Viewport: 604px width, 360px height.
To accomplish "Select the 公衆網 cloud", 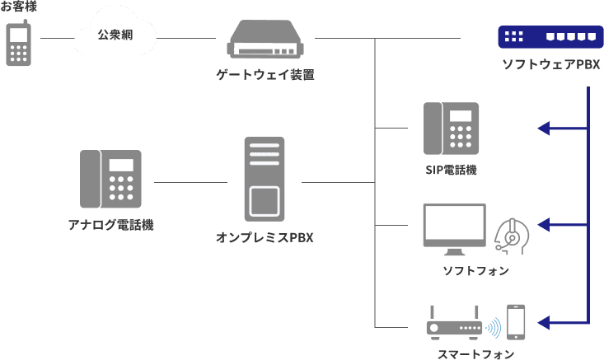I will pos(114,36).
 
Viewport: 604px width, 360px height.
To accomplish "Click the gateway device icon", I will pos(265,40).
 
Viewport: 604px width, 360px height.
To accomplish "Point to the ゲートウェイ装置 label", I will pos(265,75).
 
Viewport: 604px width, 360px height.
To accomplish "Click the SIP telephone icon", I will pos(451,128).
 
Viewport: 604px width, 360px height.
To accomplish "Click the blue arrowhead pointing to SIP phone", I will pos(544,128).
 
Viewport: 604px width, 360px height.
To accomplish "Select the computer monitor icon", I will pos(454,230).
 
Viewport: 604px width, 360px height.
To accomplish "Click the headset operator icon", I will pos(511,235).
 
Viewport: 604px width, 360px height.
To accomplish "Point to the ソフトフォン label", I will pos(475,271).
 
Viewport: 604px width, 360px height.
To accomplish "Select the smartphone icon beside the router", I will pos(516,322).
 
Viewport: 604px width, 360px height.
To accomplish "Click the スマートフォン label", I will pos(475,353).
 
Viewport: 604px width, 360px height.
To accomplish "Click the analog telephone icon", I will pos(110,178).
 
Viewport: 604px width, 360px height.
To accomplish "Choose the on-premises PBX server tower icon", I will pos(265,178).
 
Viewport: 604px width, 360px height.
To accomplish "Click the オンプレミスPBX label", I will pos(265,238).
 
